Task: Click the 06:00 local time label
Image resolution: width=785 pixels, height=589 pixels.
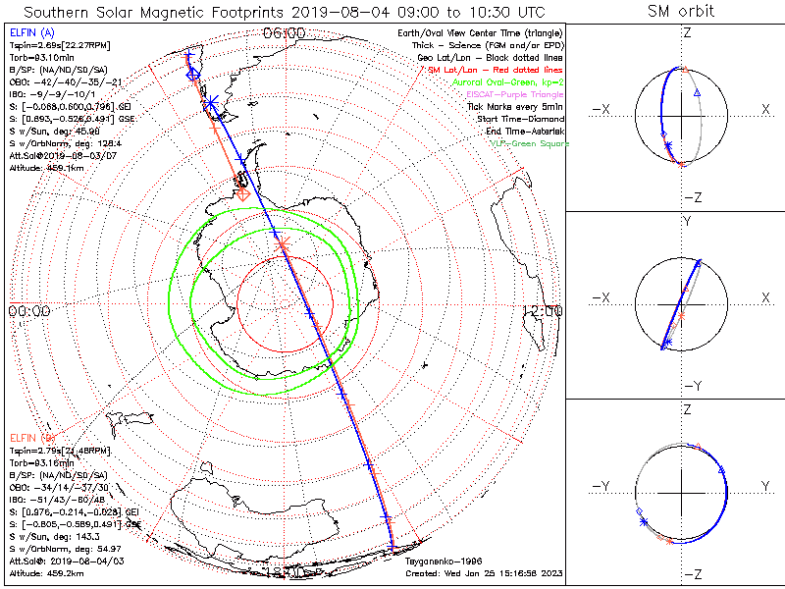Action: tap(285, 33)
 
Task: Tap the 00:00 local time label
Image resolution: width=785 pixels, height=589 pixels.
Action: tap(28, 310)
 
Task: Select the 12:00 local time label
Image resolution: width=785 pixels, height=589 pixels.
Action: tap(543, 310)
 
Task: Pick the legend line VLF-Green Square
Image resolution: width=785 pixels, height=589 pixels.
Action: tap(529, 143)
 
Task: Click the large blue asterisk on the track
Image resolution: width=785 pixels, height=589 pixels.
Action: tap(209, 101)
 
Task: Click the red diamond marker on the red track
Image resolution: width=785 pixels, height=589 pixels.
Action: tap(242, 193)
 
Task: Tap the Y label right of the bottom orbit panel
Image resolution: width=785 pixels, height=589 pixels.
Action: tap(764, 486)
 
